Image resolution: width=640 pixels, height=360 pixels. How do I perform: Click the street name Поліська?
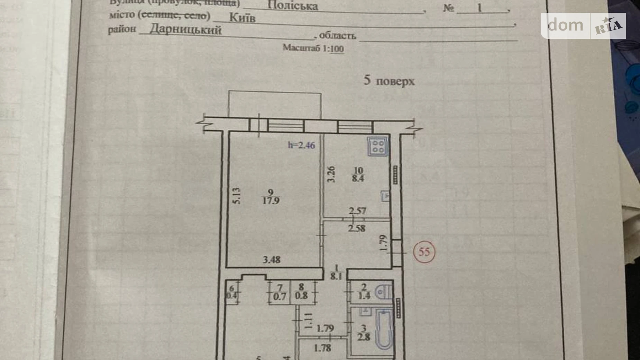[x=293, y=6]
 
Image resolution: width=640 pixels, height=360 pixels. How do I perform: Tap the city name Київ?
[x=242, y=17]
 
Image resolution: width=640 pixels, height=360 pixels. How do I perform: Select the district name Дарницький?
[x=185, y=29]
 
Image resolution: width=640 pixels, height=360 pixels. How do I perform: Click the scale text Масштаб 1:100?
[x=313, y=48]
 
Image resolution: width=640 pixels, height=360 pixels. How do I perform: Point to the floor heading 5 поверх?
[x=389, y=81]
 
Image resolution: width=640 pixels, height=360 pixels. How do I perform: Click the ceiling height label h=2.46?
[x=301, y=145]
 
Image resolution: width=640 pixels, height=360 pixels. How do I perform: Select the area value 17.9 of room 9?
[x=271, y=200]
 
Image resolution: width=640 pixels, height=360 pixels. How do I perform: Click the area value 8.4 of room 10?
[x=358, y=179]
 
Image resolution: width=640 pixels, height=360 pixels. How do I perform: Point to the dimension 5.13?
[x=236, y=196]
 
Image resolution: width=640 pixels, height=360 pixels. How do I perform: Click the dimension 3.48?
[x=271, y=259]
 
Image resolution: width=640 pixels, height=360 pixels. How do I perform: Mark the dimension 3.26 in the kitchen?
[x=331, y=174]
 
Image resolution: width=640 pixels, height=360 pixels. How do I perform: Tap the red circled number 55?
[x=424, y=252]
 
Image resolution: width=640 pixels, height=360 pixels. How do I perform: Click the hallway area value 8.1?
[x=336, y=276]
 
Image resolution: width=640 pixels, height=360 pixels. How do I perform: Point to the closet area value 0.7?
[x=280, y=297]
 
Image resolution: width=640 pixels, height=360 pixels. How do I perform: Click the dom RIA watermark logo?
[x=583, y=26]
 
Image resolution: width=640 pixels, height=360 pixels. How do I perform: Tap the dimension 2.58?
[x=357, y=228]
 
